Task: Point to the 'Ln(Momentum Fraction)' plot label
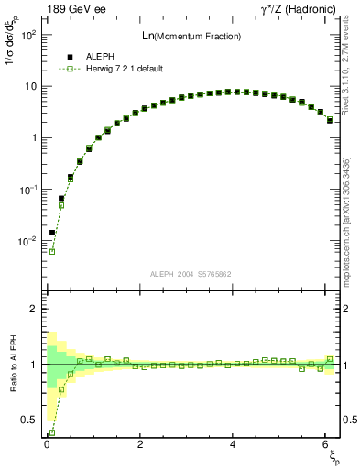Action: pos(191,36)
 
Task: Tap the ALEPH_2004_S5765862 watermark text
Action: pos(191,274)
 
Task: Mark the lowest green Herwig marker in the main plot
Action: pos(52,251)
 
